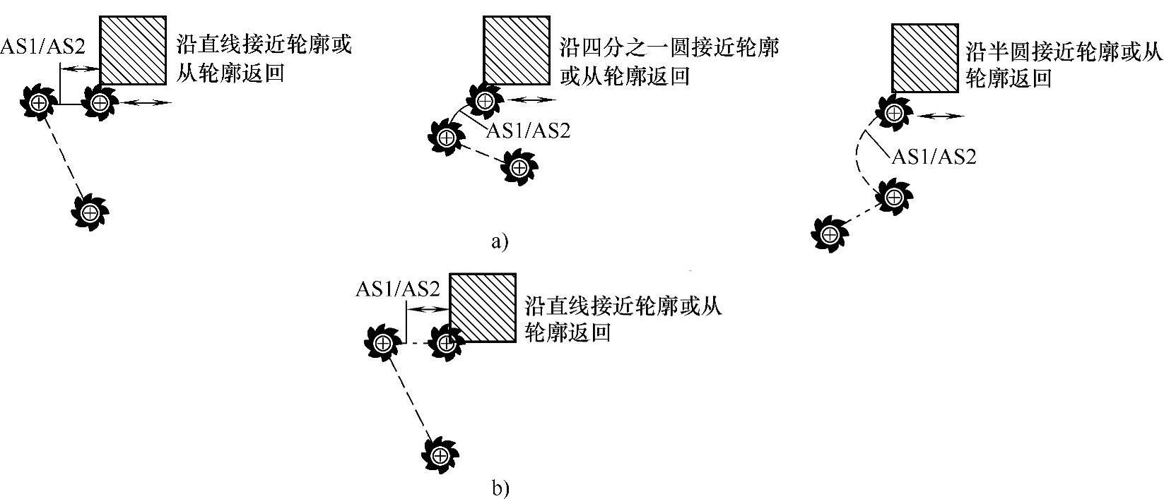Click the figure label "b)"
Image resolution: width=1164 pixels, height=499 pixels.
pyautogui.click(x=500, y=488)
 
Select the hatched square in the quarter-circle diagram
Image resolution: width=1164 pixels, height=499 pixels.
pyautogui.click(x=517, y=50)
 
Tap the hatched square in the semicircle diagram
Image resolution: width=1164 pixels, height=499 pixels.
pyautogui.click(x=924, y=58)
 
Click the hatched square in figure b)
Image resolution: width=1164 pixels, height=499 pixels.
pyautogui.click(x=483, y=308)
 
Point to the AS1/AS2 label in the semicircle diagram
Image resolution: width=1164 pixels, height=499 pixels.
pyautogui.click(x=934, y=156)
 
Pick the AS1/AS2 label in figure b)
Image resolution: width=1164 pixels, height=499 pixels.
pyautogui.click(x=398, y=289)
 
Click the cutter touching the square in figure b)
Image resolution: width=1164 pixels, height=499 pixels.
pyautogui.click(x=445, y=343)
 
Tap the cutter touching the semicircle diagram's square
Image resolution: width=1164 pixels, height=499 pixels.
pyautogui.click(x=895, y=112)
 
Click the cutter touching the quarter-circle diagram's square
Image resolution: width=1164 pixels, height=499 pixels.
pyautogui.click(x=484, y=100)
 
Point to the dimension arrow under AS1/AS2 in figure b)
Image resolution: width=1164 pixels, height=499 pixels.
pyautogui.click(x=427, y=309)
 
